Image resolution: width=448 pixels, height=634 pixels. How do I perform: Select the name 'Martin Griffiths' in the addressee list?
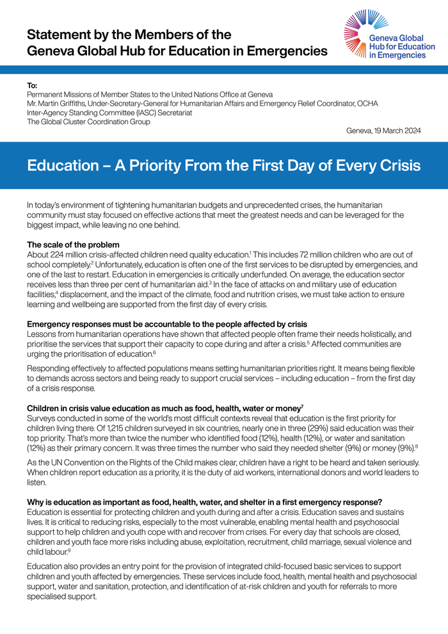click(x=66, y=103)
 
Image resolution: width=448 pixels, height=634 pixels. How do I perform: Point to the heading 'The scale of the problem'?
click(x=73, y=245)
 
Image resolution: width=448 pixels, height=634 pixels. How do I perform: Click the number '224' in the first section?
click(x=61, y=254)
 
